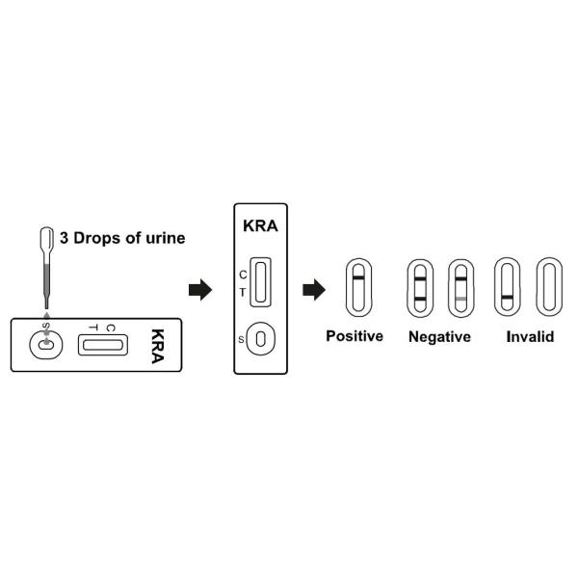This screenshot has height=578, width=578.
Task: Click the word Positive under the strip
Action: click(355, 336)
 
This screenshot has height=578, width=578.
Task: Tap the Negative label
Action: click(439, 336)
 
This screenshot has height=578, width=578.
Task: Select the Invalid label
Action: click(530, 336)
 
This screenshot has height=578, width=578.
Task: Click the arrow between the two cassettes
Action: click(199, 290)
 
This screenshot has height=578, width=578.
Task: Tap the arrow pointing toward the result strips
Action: click(314, 290)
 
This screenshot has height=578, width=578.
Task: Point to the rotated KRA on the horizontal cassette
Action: click(156, 344)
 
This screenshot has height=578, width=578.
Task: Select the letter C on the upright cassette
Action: click(243, 275)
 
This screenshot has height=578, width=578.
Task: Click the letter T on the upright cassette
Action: click(243, 292)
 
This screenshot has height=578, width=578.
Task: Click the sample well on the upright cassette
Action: click(263, 339)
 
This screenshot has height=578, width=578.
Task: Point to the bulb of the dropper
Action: click(46, 237)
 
